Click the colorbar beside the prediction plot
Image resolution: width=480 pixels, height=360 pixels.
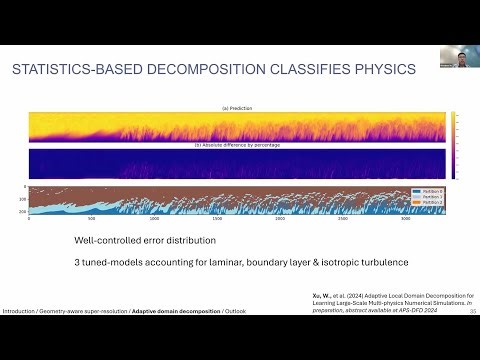tap(452, 126)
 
